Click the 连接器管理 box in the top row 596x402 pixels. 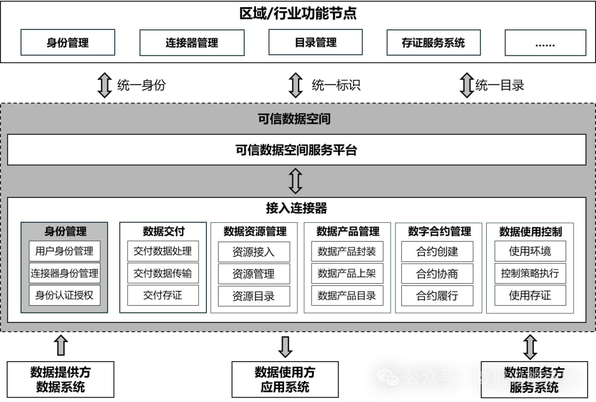[191, 43]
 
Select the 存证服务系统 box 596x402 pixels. [433, 43]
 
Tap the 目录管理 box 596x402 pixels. [316, 43]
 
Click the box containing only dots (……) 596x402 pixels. [545, 43]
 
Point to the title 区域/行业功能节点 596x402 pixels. [298, 14]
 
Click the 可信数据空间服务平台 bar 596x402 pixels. [296, 150]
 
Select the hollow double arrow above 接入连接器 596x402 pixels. [296, 181]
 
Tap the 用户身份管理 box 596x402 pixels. [65, 251]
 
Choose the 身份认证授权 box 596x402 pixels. [65, 295]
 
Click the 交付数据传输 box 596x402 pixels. [163, 273]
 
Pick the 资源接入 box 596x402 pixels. [253, 252]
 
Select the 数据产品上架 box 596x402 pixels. [347, 274]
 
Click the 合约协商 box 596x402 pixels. [437, 274]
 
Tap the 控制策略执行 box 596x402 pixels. [530, 273]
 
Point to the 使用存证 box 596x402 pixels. [530, 295]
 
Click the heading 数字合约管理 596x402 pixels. [439, 231]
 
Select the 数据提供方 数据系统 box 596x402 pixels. [61, 379]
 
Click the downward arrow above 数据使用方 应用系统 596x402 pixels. [285, 346]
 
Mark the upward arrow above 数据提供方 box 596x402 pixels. [61, 345]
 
